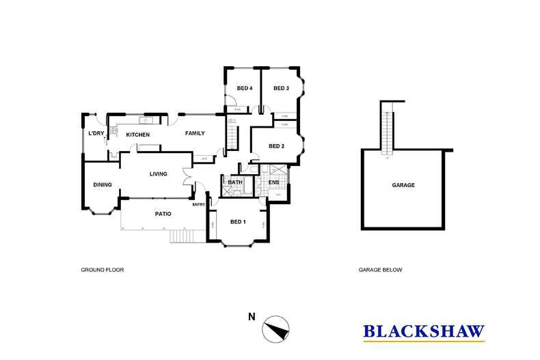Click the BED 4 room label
coord(245,88)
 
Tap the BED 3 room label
coord(282,88)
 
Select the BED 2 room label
coord(276,146)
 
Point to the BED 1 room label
coord(238,222)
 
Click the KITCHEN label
coord(138,135)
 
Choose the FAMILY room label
coord(195,133)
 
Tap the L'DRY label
coord(95,134)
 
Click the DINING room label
coord(103,184)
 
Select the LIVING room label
coord(159,174)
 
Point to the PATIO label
coord(163,214)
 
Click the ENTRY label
coord(199,204)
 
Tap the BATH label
coord(235,182)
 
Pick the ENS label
coord(274,182)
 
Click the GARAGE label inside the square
coord(403,185)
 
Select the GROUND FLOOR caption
coord(102,270)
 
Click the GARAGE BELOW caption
coord(380,270)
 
